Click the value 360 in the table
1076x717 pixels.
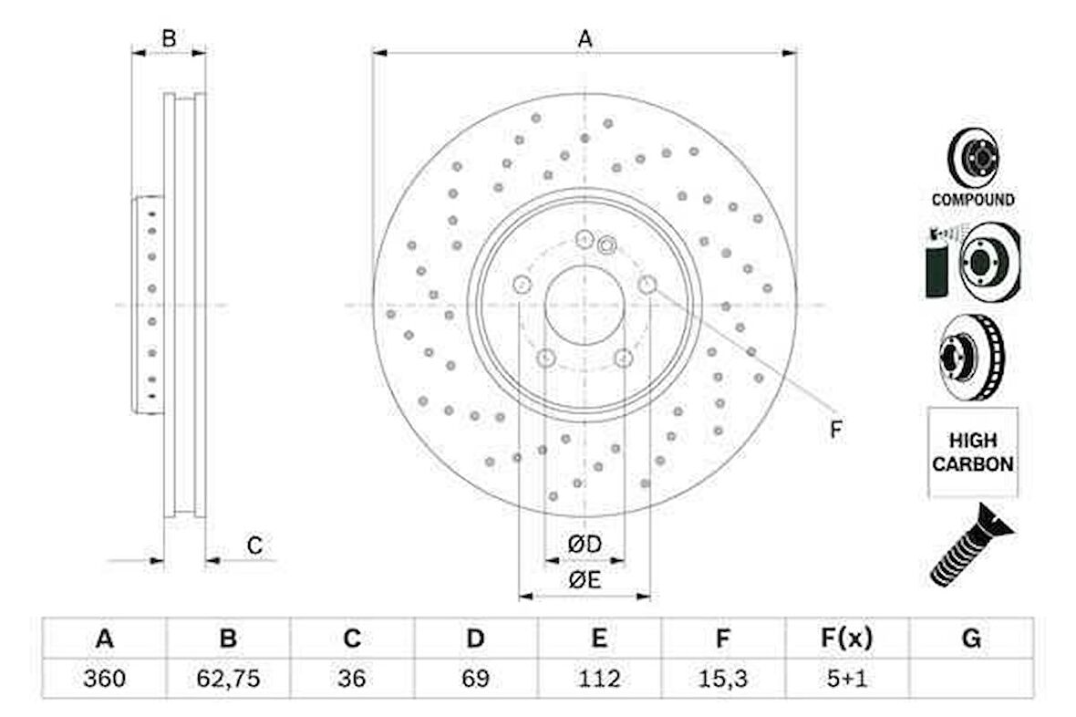(104, 679)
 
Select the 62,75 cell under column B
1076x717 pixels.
(228, 679)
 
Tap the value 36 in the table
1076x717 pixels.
(351, 679)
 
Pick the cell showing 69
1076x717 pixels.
(475, 679)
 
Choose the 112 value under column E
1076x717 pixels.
(599, 679)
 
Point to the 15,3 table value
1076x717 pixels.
(722, 679)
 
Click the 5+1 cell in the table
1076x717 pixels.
(847, 679)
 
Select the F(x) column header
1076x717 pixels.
(847, 639)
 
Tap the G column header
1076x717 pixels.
(971, 639)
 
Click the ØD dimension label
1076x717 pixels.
(585, 545)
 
